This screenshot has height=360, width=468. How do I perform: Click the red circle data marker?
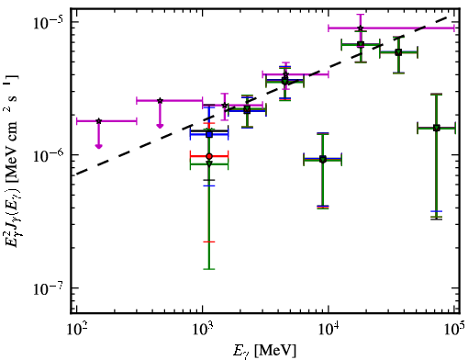coord(209,156)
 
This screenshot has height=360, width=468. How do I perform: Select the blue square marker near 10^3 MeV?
coord(209,134)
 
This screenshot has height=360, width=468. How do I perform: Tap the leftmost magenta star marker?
coord(98,121)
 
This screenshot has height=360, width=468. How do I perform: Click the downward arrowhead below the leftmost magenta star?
coord(98,146)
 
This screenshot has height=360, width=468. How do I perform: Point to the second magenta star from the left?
coord(160,100)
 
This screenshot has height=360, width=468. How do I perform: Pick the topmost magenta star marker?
coord(361,28)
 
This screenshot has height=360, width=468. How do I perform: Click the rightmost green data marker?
coord(437,128)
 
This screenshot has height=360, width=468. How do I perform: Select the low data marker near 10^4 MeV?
coord(323,159)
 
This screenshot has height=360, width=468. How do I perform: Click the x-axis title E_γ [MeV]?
coord(265,350)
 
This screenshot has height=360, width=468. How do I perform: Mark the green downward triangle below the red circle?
coord(209,163)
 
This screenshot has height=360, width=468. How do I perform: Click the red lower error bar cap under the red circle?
coord(209,242)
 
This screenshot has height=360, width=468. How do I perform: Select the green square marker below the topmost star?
coord(361,44)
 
